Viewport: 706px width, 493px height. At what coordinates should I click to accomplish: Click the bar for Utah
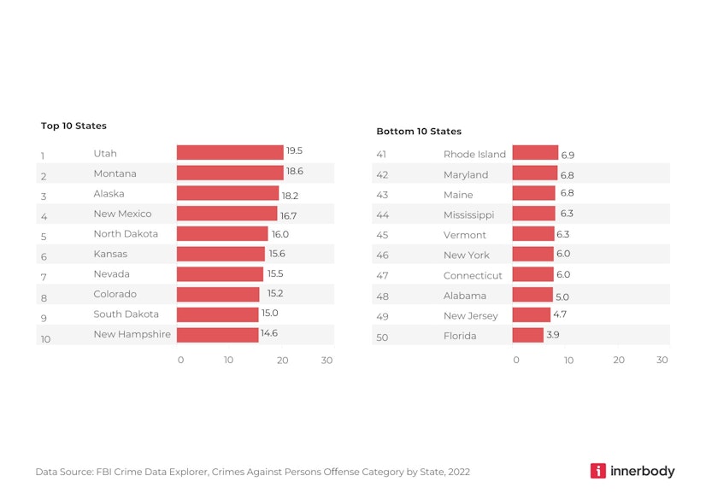pos(229,152)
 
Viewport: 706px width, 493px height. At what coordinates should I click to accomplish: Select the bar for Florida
pos(527,335)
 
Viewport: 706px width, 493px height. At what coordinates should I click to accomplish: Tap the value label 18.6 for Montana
pos(294,172)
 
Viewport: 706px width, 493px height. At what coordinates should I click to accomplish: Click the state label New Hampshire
pos(132,334)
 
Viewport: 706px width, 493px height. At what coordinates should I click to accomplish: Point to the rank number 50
pos(382,337)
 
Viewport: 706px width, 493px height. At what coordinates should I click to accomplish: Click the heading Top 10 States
pos(74,126)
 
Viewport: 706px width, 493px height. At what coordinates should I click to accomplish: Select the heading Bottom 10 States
pos(419,132)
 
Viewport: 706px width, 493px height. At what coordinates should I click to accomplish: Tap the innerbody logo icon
pos(597,471)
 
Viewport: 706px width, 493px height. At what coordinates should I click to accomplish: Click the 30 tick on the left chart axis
pos(327,361)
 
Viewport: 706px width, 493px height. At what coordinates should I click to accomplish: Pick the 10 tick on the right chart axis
pos(568,361)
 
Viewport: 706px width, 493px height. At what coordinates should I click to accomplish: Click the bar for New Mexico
pos(227,213)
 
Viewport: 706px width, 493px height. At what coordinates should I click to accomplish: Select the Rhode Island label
pos(474,155)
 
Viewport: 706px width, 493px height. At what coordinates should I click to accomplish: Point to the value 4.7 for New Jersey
pos(559,314)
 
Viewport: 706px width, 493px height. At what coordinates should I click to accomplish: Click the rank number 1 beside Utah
pos(42,156)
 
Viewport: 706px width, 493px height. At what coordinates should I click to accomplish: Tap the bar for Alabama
pos(532,295)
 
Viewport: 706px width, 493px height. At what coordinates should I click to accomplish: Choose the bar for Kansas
pos(221,254)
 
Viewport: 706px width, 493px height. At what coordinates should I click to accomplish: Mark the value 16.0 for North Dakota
pos(279,234)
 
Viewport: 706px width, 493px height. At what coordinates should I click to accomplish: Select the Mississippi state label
pos(468,214)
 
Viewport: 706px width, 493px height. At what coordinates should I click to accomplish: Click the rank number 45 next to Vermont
pos(382,235)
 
